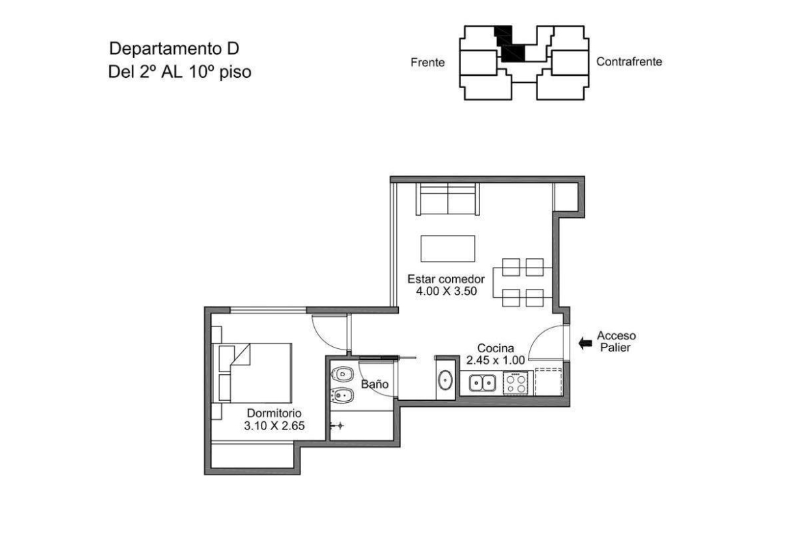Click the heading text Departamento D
pyautogui.click(x=174, y=49)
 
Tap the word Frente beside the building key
pyautogui.click(x=427, y=63)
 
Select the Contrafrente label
pyautogui.click(x=630, y=61)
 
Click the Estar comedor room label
pyautogui.click(x=446, y=279)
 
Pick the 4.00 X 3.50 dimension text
pyautogui.click(x=447, y=292)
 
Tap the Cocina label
pyautogui.click(x=495, y=348)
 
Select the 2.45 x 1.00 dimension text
pyautogui.click(x=495, y=361)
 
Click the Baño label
pyautogui.click(x=374, y=384)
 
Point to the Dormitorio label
pyautogui.click(x=274, y=413)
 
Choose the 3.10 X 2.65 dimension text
pyautogui.click(x=274, y=425)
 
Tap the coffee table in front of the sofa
pyautogui.click(x=448, y=249)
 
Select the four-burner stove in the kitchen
pyautogui.click(x=516, y=383)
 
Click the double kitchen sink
pyautogui.click(x=483, y=383)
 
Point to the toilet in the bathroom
pyautogui.click(x=341, y=374)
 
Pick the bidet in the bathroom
pyautogui.click(x=341, y=395)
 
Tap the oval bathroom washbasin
pyautogui.click(x=446, y=380)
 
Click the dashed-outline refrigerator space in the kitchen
pyautogui.click(x=548, y=382)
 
